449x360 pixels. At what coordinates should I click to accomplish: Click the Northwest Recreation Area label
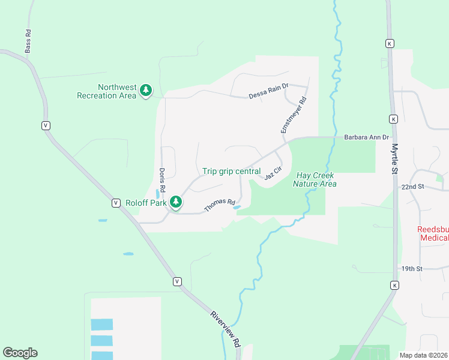107,91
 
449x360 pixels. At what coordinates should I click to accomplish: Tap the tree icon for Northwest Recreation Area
145,91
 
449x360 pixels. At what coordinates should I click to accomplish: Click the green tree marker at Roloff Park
176,203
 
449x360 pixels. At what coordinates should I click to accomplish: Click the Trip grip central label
231,172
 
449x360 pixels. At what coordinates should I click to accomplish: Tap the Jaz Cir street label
273,174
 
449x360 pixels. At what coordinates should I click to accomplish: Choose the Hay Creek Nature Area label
315,179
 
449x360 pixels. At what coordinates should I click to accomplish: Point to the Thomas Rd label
219,205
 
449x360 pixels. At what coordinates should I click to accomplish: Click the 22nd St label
413,187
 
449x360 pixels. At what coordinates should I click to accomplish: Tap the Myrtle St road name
395,160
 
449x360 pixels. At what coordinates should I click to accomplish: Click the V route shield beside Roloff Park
115,203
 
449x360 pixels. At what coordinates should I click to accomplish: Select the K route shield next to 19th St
394,284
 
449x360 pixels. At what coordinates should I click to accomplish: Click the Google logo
20,353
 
